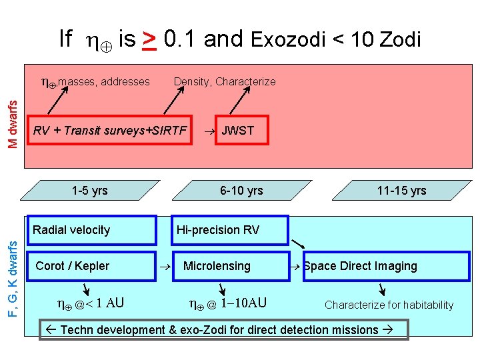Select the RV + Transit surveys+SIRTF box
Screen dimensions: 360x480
click(111, 130)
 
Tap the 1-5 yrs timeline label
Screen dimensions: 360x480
click(89, 191)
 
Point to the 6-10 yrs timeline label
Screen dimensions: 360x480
click(241, 191)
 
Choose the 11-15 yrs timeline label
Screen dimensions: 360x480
click(401, 191)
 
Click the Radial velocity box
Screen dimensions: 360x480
click(91, 230)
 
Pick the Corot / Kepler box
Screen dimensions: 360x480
click(91, 266)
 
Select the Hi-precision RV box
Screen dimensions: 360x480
click(230, 230)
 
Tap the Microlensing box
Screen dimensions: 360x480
click(229, 266)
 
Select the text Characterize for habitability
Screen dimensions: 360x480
click(389, 305)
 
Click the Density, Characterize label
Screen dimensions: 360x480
click(225, 81)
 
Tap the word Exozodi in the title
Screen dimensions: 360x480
click(288, 40)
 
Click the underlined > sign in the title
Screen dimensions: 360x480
click(150, 39)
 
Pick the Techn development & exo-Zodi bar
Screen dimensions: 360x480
click(223, 329)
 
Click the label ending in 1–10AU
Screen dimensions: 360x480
click(228, 303)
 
